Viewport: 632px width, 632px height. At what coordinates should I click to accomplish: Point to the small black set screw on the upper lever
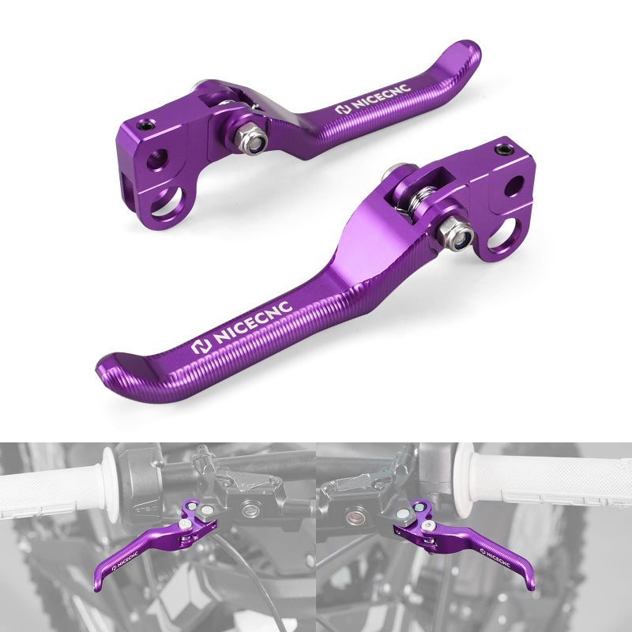click(146, 125)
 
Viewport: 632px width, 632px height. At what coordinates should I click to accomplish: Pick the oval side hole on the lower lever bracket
click(511, 187)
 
